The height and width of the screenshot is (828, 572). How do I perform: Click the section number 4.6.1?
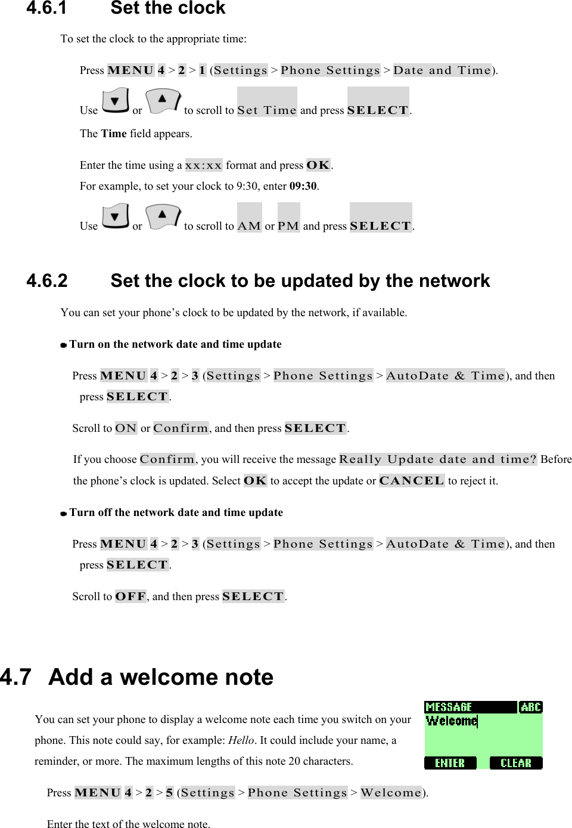[46, 8]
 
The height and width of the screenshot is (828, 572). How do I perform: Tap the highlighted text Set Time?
[266, 110]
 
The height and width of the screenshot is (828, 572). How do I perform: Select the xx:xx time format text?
[204, 165]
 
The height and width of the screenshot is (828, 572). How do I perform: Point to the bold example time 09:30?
[303, 186]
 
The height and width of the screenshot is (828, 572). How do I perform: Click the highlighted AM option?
[249, 225]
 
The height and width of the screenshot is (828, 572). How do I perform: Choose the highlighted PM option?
[288, 225]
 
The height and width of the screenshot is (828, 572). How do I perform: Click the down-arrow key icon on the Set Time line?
[115, 101]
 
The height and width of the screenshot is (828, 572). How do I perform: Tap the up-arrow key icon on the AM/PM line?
[162, 217]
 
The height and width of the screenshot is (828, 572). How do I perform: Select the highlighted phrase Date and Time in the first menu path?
[442, 70]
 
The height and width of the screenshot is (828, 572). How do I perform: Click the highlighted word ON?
[126, 428]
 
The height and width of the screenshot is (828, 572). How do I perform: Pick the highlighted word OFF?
[130, 597]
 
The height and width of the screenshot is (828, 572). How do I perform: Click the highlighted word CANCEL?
[412, 481]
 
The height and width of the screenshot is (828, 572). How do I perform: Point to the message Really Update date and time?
[438, 459]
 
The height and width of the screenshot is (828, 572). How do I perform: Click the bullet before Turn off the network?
[64, 513]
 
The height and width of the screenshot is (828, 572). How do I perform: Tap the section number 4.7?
[16, 677]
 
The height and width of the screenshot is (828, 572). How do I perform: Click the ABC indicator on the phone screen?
[530, 707]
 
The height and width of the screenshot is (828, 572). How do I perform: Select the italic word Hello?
[241, 740]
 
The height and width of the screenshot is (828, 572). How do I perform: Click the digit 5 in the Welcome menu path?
[169, 793]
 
